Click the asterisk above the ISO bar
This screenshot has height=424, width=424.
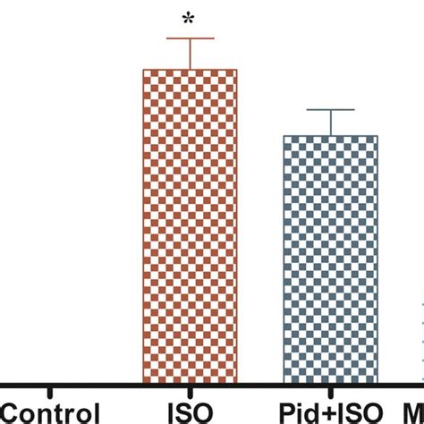coord(190,17)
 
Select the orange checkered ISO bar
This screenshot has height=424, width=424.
coord(190,224)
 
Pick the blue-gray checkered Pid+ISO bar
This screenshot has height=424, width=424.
coord(330,259)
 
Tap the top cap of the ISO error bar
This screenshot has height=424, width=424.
coord(190,38)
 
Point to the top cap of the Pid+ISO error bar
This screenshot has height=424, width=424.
coord(330,109)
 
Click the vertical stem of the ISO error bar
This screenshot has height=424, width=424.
coord(190,54)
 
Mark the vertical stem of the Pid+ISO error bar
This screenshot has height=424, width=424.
coord(330,123)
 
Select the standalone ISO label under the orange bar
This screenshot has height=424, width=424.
coord(190,414)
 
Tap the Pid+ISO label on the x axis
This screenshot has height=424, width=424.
coord(330,414)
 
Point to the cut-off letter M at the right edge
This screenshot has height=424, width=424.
coord(416,414)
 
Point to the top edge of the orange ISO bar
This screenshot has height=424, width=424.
coord(190,70)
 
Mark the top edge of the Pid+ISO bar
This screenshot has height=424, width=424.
coord(330,137)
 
